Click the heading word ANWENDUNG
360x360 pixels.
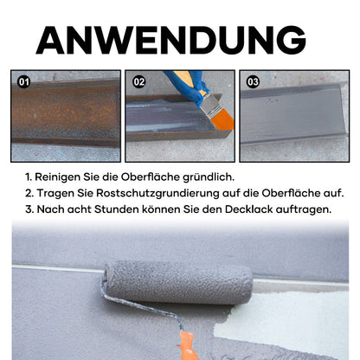(170, 41)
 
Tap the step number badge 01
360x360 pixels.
(23, 82)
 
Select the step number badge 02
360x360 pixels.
(138, 82)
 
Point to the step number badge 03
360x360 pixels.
(253, 82)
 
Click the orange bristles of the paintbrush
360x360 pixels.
(223, 119)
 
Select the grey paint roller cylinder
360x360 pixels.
(178, 282)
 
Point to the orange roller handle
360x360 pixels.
(187, 346)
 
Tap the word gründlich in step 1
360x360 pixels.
(209, 177)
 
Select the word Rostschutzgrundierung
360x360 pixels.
(157, 193)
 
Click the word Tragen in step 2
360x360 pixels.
(55, 194)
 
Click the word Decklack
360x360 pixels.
(249, 209)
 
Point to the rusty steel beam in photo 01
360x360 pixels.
(66, 114)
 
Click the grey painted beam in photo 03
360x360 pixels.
(293, 115)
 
